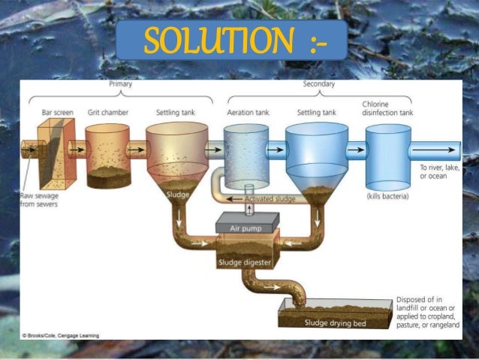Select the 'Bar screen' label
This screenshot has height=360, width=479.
[57, 113]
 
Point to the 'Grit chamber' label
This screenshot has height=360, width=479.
[107, 113]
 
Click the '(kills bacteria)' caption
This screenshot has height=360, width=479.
[387, 196]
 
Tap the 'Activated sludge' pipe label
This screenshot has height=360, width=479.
[270, 199]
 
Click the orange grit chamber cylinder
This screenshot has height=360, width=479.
[107, 154]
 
